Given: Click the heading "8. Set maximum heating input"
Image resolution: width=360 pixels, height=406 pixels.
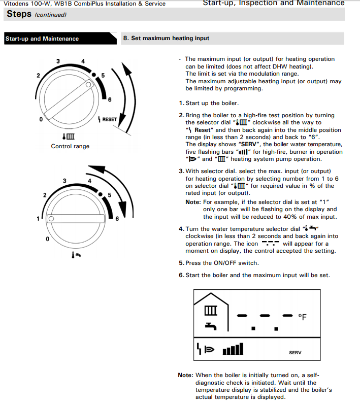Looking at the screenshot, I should click(166, 38).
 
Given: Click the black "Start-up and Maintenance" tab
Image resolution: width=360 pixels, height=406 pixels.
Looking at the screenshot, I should click(43, 39).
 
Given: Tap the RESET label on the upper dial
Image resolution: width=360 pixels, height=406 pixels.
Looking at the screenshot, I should click(110, 120).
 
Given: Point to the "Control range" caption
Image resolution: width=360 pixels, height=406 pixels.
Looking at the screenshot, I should click(70, 146).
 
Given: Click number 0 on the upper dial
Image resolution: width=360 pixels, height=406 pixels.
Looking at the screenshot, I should click(41, 120).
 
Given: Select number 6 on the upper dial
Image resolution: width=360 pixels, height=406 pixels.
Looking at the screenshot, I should click(110, 99).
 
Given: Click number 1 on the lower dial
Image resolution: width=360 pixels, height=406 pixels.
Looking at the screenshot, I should click(38, 218).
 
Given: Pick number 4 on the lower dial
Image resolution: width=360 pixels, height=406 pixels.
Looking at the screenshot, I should click(89, 181).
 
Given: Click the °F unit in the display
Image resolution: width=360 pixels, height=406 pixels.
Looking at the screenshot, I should click(302, 317).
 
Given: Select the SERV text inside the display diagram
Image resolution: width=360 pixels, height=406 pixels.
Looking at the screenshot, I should click(295, 353).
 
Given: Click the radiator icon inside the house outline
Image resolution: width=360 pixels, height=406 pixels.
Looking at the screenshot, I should click(210, 310).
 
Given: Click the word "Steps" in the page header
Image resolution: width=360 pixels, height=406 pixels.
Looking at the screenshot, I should click(19, 14).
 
